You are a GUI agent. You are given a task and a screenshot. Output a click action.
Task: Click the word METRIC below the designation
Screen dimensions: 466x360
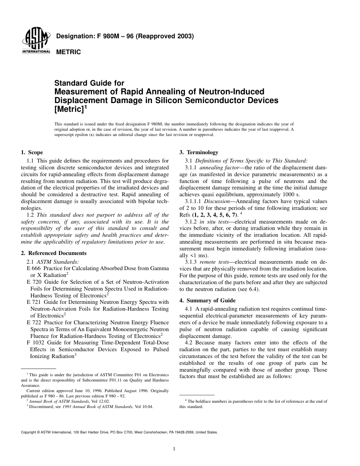[x=69, y=52]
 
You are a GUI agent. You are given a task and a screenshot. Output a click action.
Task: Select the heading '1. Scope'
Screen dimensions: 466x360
[x=32, y=152]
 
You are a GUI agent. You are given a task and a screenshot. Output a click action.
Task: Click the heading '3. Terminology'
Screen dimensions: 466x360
[x=199, y=152]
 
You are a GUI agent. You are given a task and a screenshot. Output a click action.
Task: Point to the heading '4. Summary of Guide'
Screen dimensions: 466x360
[x=207, y=300]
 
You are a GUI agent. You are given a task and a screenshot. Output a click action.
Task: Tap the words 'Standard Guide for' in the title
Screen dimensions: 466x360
[x=89, y=83]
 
